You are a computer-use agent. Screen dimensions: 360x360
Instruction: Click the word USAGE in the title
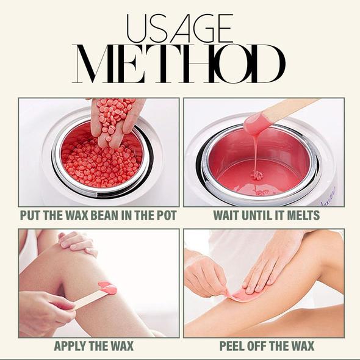[180, 29]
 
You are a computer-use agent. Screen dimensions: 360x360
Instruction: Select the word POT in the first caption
[165, 215]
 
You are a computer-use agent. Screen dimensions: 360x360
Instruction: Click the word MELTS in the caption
[301, 215]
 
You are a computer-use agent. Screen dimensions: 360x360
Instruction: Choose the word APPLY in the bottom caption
[71, 347]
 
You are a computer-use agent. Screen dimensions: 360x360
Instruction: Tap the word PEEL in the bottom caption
[234, 347]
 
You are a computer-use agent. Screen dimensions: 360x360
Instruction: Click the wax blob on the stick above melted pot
[256, 124]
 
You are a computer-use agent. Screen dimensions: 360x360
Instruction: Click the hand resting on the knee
[77, 242]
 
